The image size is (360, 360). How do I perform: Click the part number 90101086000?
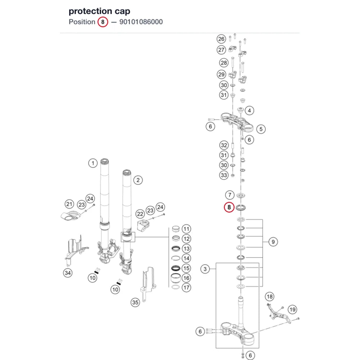click(x=141, y=22)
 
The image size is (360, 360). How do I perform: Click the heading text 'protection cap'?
click(x=99, y=11)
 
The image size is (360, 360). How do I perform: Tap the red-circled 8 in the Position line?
click(x=103, y=22)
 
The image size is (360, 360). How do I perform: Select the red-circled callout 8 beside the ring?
click(x=229, y=207)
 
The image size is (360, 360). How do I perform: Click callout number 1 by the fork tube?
click(x=93, y=163)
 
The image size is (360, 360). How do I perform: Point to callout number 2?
click(x=138, y=180)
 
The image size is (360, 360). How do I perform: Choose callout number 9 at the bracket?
click(x=273, y=242)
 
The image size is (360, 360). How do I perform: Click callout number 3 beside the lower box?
click(x=205, y=269)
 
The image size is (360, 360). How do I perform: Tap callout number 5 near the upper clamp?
click(x=261, y=129)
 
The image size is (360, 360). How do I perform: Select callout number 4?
click(x=249, y=111)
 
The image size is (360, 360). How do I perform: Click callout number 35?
click(x=135, y=302)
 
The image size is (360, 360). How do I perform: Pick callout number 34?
click(x=68, y=273)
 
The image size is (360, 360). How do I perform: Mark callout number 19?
click(x=292, y=310)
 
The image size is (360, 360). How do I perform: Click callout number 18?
click(x=270, y=297)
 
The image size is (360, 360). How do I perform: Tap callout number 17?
click(x=186, y=288)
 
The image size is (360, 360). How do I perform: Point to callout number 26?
click(x=221, y=39)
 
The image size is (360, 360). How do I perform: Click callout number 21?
click(x=69, y=204)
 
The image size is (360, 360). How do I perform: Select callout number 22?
click(x=140, y=214)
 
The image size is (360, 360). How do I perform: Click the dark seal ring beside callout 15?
click(x=176, y=268)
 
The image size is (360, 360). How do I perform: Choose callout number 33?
click(x=224, y=175)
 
